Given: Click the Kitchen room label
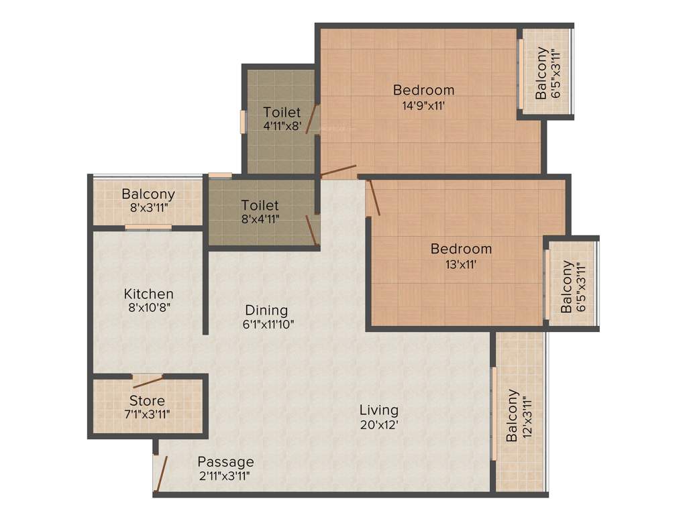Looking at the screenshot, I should point(149,294).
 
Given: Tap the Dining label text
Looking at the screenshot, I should point(266,310).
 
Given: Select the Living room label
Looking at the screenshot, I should point(378,410).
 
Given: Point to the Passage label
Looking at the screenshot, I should point(225,462).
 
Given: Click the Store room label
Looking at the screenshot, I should point(148,401).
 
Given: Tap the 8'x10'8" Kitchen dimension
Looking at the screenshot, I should point(149,308).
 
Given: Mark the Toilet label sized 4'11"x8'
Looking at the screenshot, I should point(282,112).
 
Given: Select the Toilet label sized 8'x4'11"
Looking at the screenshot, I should point(260,205).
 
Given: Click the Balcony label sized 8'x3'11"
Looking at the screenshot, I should point(148,194).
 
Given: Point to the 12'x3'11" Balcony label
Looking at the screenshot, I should point(513,416).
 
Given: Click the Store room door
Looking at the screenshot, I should point(148,382).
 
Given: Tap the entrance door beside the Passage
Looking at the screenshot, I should point(160,473).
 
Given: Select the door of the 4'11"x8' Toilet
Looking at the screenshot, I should point(312,119).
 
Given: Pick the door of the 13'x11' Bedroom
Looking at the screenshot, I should point(373,198).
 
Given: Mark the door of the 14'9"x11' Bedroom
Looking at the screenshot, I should point(338,170).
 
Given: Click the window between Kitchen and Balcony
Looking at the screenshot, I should point(148,227).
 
